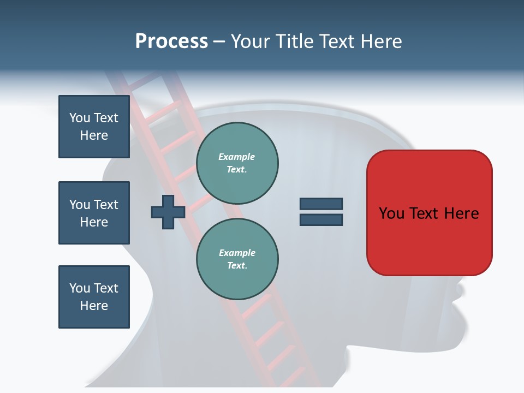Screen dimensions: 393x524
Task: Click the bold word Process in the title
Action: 171,41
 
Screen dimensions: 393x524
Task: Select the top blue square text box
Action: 94,127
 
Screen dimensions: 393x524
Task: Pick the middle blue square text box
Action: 94,213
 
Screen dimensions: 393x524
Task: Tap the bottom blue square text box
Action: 94,296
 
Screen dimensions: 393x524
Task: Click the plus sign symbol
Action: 168,212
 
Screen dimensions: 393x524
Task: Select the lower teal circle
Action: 237,259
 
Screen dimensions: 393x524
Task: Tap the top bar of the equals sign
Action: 321,204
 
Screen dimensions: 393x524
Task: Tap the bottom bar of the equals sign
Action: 321,220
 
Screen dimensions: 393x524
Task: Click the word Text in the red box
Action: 425,213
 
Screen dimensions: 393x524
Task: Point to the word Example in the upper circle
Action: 237,157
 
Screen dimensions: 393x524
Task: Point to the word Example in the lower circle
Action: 237,253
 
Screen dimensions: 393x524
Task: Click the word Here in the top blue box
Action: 94,135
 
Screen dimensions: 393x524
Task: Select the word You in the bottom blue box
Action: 80,288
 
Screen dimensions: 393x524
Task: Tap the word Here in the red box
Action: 461,213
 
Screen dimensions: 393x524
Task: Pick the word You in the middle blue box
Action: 80,205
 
